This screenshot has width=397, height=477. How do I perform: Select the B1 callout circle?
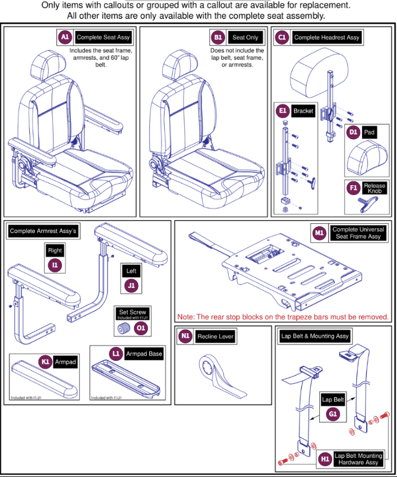pos(218,37)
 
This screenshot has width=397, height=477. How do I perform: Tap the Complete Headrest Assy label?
pos(327,37)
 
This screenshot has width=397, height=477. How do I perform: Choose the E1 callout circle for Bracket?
pos(282,111)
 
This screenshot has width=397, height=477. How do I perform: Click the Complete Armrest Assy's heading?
pos(43,231)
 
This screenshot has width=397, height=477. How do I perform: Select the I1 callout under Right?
pos(55,265)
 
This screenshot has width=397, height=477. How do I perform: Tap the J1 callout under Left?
pos(131,286)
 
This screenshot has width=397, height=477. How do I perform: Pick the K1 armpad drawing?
pos(43,379)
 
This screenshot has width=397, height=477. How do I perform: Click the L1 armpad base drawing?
pos(127,379)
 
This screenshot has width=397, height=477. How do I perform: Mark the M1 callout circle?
pos(319,233)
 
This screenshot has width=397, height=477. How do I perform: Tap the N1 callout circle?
pos(186,336)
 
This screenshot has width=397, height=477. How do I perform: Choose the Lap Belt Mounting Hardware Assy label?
pos(358,459)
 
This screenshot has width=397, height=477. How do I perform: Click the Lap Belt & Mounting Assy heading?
pos(315,336)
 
